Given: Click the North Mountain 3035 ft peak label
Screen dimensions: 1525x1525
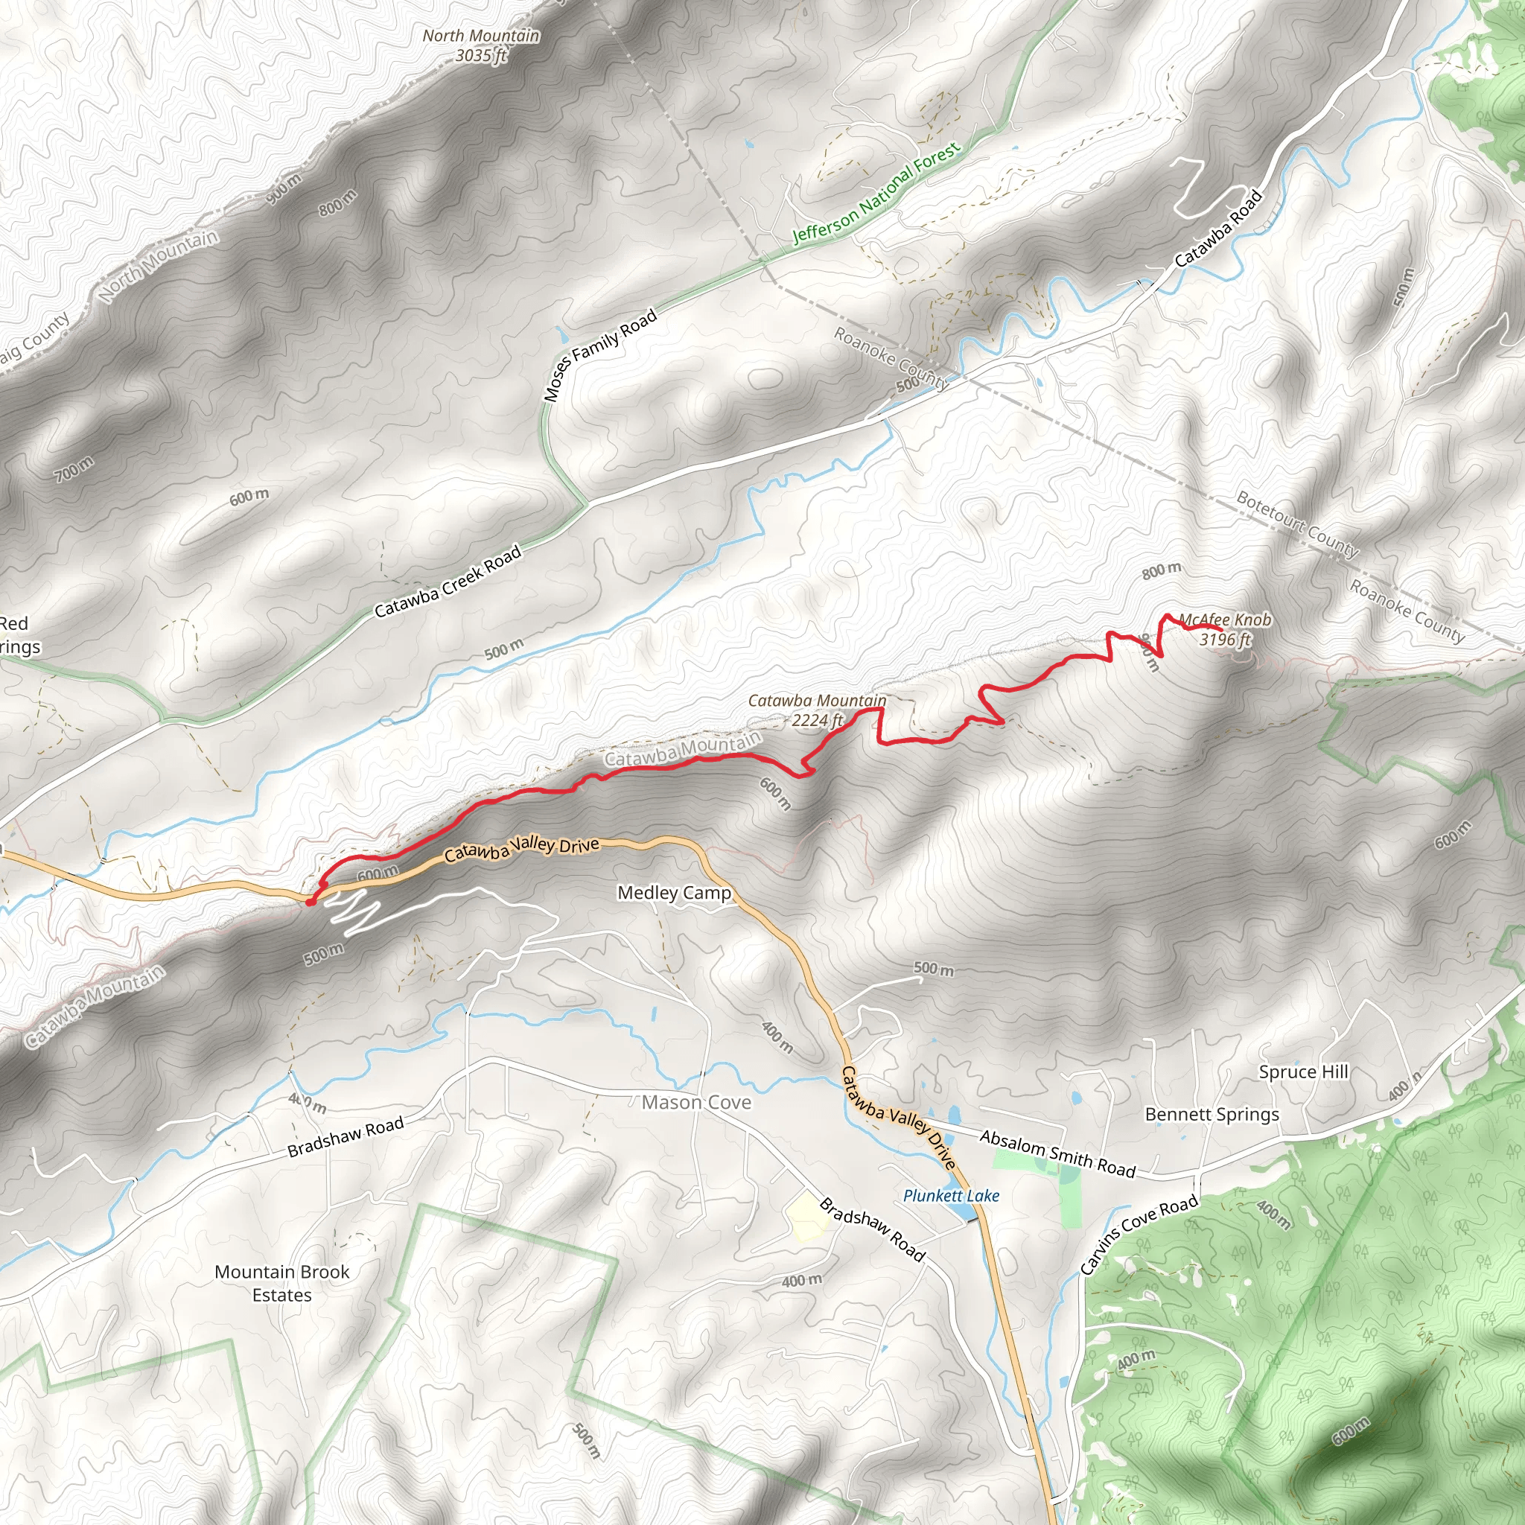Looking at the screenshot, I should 481,45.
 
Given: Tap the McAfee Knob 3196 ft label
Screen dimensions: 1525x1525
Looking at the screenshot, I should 1224,629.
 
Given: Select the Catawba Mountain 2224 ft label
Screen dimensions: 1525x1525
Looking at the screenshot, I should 817,710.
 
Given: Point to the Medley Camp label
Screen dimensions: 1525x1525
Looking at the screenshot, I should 674,893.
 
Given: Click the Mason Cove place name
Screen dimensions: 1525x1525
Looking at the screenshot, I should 695,1102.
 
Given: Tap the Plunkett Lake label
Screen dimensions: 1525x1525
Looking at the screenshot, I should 950,1195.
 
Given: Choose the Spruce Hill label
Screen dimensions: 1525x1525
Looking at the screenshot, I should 1303,1072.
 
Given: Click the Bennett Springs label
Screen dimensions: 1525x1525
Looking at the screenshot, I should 1212,1114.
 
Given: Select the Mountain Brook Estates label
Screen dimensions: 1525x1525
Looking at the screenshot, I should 281,1283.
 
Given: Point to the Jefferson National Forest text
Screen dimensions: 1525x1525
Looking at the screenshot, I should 876,193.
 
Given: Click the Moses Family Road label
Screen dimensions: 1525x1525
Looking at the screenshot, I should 601,354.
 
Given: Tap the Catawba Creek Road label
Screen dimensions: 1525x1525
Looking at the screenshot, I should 448,581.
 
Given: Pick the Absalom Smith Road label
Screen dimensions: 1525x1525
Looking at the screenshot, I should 1057,1153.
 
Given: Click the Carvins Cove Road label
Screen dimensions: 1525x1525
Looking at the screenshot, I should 1139,1235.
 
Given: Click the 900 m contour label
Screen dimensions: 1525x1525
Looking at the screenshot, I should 284,189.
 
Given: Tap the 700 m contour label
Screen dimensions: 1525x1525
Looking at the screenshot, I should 74,469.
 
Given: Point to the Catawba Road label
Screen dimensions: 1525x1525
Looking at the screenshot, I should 1218,228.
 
